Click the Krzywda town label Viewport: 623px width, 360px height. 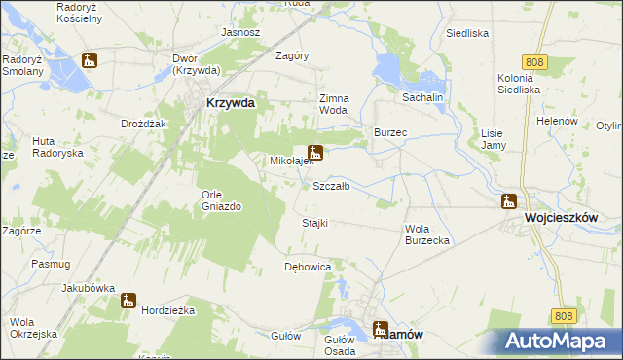231,104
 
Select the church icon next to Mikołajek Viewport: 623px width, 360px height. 314,152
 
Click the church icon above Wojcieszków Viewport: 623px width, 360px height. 508,201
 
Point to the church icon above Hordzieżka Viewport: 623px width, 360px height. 128,301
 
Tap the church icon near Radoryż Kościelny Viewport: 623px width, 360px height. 90,60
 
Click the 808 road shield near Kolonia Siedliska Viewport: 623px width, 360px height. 532,62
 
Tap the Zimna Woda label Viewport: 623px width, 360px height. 333,104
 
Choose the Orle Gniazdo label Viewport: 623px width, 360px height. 218,199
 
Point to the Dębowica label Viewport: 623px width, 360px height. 308,266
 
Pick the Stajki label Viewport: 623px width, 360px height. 314,223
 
